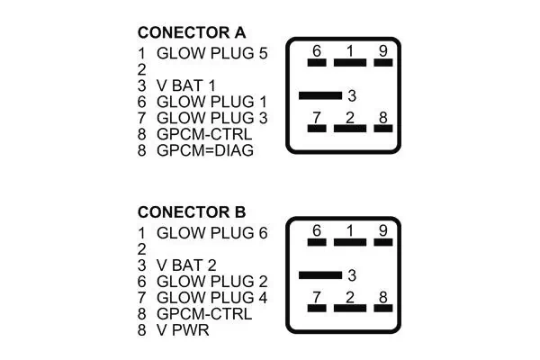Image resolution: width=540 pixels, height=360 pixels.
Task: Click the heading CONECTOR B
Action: pos(191,212)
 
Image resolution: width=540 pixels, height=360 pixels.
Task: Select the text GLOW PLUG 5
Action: pos(212,54)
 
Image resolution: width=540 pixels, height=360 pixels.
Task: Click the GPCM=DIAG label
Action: pos(205,151)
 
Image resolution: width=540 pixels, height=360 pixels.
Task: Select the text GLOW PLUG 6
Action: pos(212,233)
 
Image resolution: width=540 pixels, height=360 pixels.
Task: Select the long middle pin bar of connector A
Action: pos(319,94)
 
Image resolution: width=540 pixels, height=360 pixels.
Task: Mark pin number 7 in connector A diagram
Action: pos(316,117)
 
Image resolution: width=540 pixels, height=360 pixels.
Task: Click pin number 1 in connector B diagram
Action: pos(349,231)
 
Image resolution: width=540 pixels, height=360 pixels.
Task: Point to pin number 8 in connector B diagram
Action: pos(383,296)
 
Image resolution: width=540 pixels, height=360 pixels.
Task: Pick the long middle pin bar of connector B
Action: pos(319,274)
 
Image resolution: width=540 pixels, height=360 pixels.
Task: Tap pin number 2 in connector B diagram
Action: pos(349,296)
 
